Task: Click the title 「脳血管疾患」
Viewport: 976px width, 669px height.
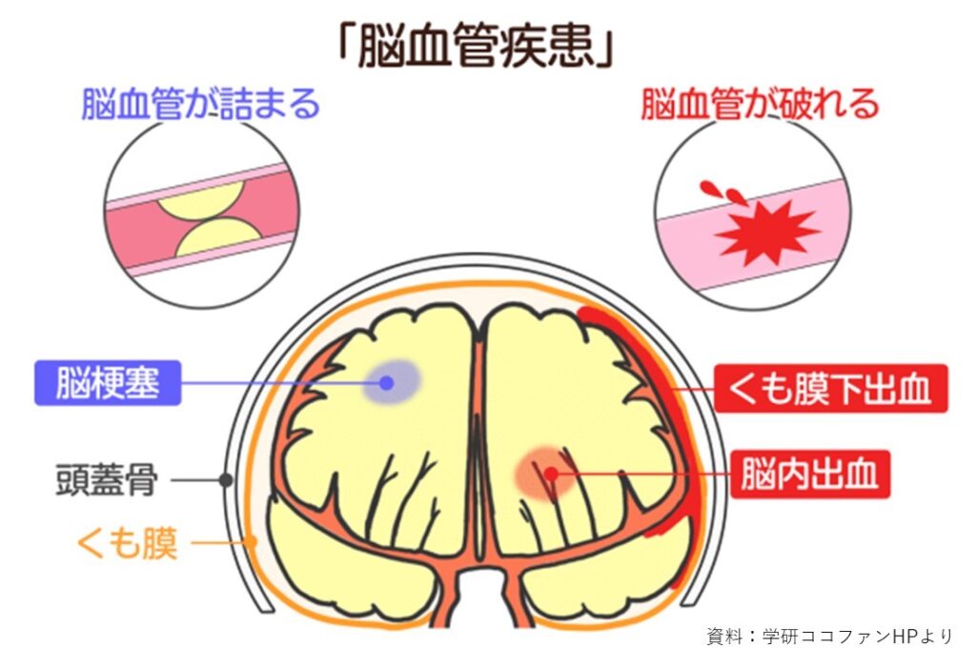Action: tap(477, 44)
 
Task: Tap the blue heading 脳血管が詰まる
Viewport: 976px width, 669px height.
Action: tap(200, 104)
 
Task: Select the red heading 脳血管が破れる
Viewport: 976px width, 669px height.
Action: tap(760, 104)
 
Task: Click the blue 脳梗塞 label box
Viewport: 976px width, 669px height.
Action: tap(108, 383)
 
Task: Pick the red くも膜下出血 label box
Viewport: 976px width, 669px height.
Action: tap(830, 389)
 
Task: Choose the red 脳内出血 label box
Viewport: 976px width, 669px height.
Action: tap(810, 475)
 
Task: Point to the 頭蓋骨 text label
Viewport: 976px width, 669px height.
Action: tap(107, 479)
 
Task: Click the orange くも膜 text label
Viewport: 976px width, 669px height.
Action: tap(127, 543)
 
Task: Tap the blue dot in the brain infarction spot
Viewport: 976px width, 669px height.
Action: tap(387, 383)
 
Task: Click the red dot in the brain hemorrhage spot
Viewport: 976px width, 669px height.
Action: tap(551, 475)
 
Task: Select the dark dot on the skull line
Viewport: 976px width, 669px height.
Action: tap(227, 479)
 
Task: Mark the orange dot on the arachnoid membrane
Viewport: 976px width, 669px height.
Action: tap(251, 542)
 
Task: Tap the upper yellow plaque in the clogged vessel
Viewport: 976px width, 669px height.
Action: tap(200, 200)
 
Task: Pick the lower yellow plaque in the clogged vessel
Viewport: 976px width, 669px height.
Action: tap(218, 237)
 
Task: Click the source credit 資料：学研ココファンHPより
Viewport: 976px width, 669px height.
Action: tap(830, 636)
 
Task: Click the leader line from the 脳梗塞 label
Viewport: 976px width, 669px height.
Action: tap(280, 383)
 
